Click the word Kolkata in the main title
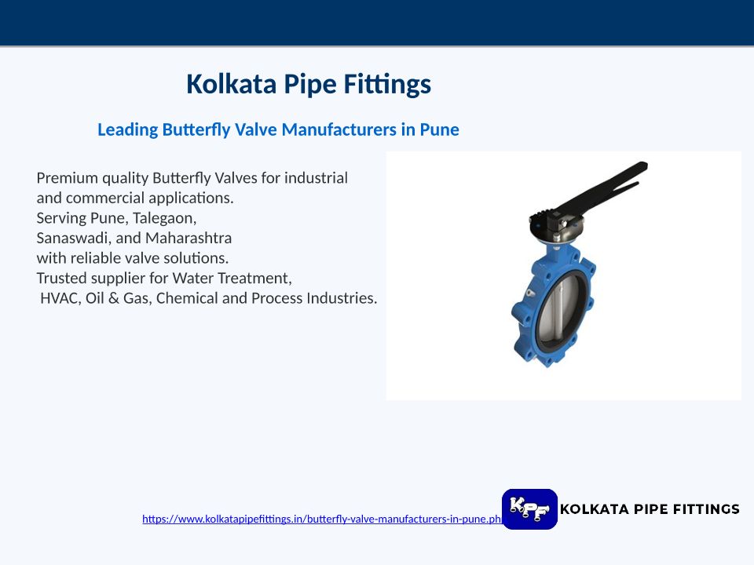point(231,84)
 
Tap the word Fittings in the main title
point(387,85)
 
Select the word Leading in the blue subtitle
point(127,129)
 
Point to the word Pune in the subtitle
point(440,129)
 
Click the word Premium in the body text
point(68,178)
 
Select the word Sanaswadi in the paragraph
point(74,238)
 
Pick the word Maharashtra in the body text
point(188,238)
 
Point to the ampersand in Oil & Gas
point(113,298)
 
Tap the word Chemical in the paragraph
point(187,298)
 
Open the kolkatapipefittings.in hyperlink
point(322,519)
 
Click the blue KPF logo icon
point(529,509)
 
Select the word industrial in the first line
point(316,178)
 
